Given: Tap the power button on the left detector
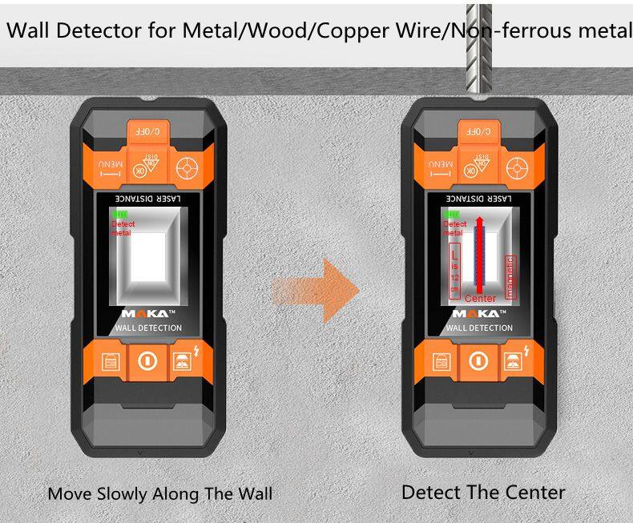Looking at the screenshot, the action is (x=146, y=360).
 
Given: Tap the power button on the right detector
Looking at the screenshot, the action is (x=478, y=360).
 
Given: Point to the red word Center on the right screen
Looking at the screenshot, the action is (x=480, y=298).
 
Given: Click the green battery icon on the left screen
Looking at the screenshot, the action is (x=120, y=215).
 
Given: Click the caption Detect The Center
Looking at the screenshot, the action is (x=483, y=492).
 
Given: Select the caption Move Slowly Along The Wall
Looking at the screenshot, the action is (x=159, y=493).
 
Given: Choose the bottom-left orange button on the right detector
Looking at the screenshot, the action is (x=439, y=360).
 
